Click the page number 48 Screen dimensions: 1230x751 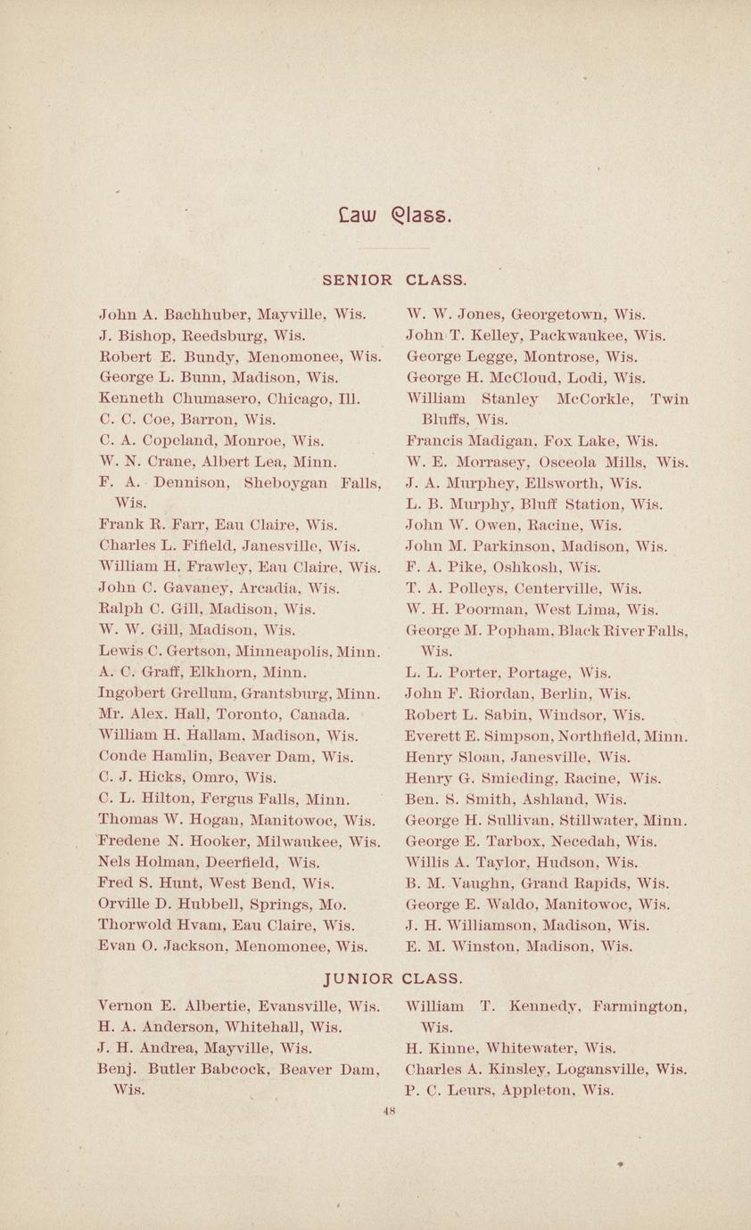pos(388,1111)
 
